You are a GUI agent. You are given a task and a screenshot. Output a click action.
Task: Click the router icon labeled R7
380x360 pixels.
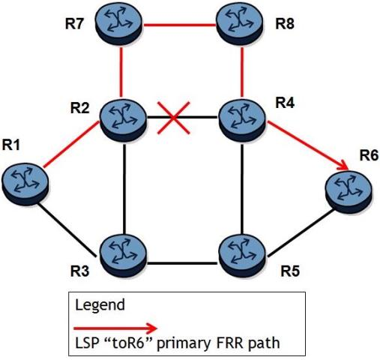tap(119, 25)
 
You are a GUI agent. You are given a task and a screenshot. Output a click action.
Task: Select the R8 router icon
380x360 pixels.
tap(239, 25)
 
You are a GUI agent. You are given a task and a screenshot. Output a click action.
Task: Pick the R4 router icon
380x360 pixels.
tap(242, 121)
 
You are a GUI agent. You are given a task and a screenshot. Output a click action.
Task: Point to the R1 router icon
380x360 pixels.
tap(25, 184)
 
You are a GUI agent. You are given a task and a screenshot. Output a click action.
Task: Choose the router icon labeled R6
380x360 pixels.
tap(349, 192)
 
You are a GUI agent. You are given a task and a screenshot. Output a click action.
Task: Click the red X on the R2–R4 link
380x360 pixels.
tap(173, 118)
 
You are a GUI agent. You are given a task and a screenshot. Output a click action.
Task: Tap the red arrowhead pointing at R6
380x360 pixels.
tap(343, 166)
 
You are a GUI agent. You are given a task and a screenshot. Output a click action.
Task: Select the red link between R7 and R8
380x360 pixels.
tap(179, 25)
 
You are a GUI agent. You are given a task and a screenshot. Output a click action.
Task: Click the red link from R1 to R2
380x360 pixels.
tap(71, 145)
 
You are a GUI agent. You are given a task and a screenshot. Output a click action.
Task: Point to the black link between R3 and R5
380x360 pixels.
tap(182, 263)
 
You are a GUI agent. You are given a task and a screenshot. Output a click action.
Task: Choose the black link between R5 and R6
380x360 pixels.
tap(301, 232)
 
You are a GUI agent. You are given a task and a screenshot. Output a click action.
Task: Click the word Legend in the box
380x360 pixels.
tap(100, 304)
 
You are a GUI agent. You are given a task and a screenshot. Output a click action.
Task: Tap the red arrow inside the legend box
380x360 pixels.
tap(115, 328)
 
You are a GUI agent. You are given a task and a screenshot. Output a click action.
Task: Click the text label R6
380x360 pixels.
tap(369, 155)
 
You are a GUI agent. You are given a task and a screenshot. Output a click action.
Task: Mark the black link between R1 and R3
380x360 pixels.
tap(67, 230)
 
